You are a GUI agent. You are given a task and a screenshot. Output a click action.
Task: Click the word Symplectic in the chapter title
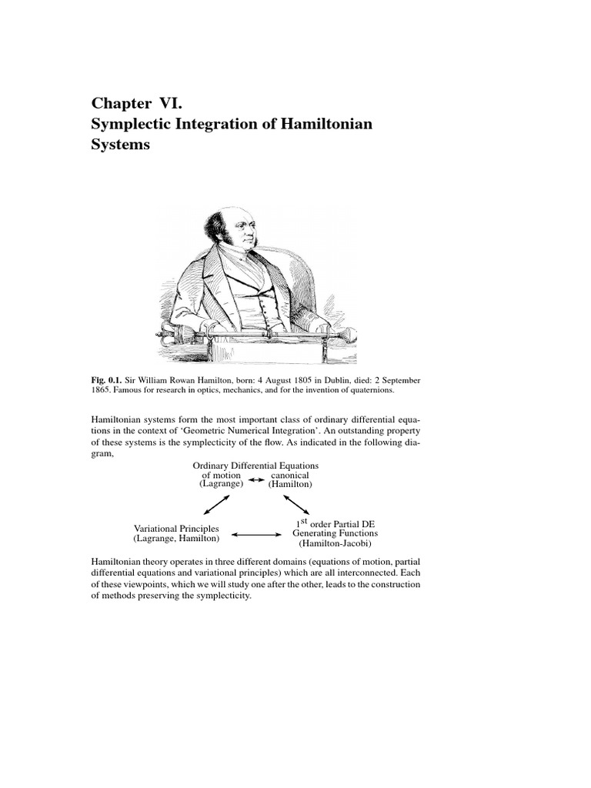point(130,124)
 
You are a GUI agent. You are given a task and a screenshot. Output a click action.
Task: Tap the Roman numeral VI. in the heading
point(169,103)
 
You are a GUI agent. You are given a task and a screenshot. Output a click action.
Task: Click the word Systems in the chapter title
point(120,145)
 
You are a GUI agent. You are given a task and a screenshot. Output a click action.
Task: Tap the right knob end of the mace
point(349,335)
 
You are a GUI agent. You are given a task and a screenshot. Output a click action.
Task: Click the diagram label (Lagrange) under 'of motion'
point(221,484)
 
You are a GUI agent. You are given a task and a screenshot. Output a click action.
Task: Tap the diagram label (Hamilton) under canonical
point(289,484)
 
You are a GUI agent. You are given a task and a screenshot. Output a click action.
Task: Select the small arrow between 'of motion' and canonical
point(257,479)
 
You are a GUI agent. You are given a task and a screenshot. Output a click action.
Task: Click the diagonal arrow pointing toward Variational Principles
point(215,505)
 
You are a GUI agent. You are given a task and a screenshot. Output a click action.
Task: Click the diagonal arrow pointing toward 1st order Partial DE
point(296,505)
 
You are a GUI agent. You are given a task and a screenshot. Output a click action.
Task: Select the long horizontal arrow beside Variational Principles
point(257,534)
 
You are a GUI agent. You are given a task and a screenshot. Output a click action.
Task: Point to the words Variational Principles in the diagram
point(176,529)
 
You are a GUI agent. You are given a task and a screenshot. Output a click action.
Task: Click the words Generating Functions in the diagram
point(335,533)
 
